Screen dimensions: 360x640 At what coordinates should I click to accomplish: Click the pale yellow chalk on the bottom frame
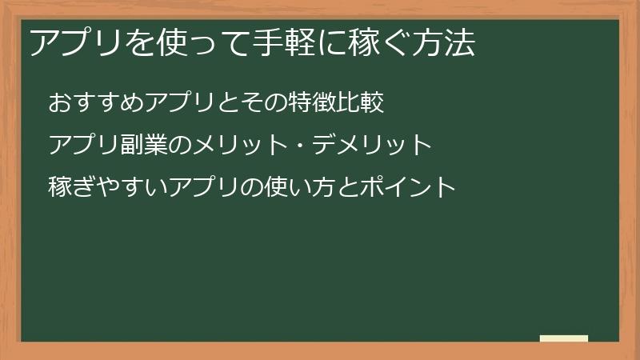(564, 338)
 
